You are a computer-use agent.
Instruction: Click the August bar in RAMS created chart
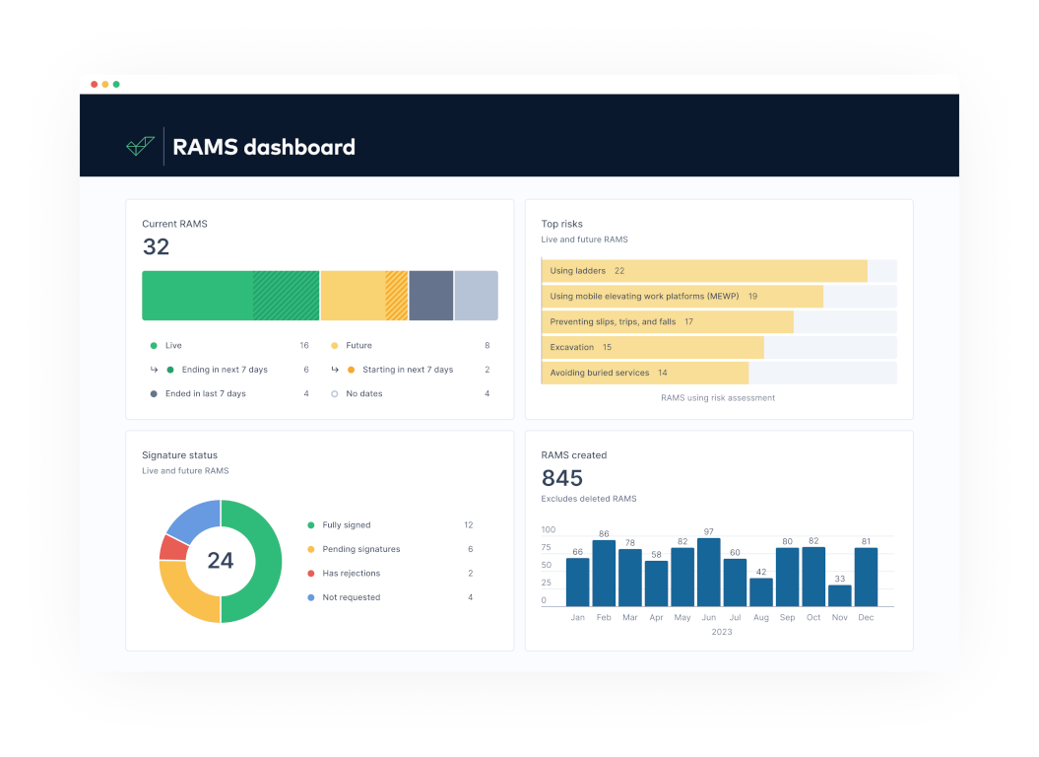(x=760, y=591)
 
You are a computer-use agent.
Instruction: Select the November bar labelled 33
(x=839, y=595)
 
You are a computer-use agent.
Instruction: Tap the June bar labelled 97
(x=708, y=572)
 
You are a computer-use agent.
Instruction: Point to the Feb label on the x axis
(x=604, y=617)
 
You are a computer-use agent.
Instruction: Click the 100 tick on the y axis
(x=548, y=529)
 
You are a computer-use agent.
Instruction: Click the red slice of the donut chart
(x=173, y=548)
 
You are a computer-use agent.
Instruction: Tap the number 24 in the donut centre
(x=221, y=561)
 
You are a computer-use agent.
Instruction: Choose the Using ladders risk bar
(x=704, y=271)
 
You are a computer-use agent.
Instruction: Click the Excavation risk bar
(x=653, y=347)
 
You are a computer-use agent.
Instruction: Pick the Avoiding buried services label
(x=599, y=373)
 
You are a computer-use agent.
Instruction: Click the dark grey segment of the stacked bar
(x=430, y=296)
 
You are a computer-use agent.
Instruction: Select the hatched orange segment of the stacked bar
(x=396, y=296)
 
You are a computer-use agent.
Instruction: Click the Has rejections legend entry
(x=352, y=574)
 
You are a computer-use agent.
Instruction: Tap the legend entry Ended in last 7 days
(x=206, y=393)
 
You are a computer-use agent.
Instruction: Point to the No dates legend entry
(x=363, y=393)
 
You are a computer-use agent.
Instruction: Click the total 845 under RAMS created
(x=562, y=478)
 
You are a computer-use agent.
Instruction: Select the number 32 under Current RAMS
(x=157, y=246)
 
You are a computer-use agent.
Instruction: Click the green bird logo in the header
(x=141, y=146)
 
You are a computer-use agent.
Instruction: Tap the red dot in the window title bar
(x=95, y=84)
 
